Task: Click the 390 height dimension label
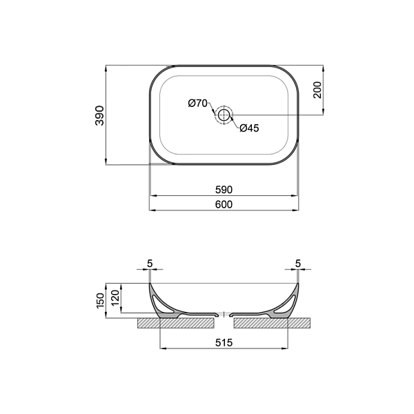coord(100,115)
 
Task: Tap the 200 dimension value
coord(317,90)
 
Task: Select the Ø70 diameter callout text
coord(198,103)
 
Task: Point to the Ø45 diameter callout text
coord(250,128)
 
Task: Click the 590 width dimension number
coord(224,190)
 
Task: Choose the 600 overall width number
coord(224,204)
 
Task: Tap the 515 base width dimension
coord(224,342)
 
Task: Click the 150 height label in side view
coord(101,300)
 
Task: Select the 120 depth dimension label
coord(115,297)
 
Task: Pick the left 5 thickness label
coord(150,264)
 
